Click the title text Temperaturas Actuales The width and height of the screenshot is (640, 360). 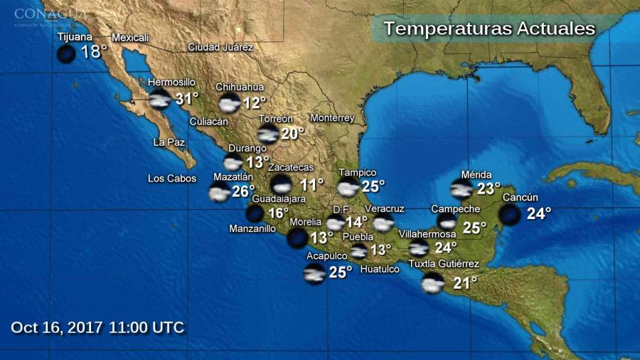click(x=489, y=29)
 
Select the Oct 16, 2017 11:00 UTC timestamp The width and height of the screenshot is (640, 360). click(x=97, y=327)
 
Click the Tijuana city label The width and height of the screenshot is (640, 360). click(x=75, y=37)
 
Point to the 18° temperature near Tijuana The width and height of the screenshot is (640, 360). click(x=93, y=52)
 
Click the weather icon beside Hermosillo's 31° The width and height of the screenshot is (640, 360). click(x=160, y=100)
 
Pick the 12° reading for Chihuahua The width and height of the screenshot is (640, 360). click(x=254, y=103)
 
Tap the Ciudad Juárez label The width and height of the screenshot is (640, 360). click(x=220, y=48)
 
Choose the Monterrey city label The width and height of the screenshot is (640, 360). click(x=332, y=118)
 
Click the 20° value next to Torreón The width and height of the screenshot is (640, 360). click(x=292, y=133)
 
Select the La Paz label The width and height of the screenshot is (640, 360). click(x=169, y=142)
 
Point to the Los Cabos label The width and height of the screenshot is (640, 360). click(x=172, y=179)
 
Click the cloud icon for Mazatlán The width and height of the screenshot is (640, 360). click(x=219, y=192)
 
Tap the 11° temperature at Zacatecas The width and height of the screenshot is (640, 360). click(x=311, y=184)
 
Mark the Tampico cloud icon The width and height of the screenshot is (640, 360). click(x=348, y=188)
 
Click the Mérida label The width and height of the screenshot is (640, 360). click(x=476, y=175)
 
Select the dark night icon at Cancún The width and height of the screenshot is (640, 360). click(x=509, y=213)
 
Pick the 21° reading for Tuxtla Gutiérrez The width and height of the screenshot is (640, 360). click(x=465, y=283)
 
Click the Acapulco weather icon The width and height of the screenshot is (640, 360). click(x=314, y=272)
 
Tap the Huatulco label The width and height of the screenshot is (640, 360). click(x=380, y=269)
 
